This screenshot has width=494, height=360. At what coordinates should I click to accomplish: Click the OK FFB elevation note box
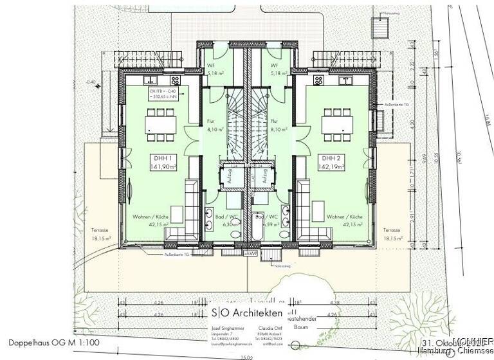[166, 95]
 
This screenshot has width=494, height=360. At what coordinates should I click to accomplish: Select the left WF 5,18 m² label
[214, 70]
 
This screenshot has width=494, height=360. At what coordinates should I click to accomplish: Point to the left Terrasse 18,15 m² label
[101, 233]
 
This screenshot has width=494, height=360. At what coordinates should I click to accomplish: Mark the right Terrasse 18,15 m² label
[392, 233]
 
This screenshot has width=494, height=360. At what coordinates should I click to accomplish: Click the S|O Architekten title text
[247, 312]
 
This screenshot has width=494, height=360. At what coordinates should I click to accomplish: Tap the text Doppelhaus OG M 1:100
[55, 344]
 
